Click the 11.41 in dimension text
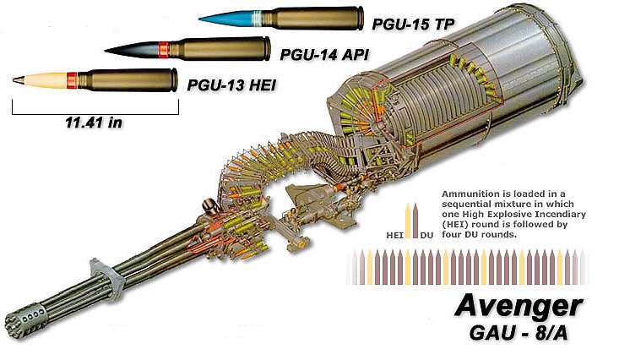click(95, 122)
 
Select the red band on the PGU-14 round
click(163, 49)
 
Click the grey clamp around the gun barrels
click(99, 275)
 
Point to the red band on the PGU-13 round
click(72, 80)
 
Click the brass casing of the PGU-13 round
click(127, 79)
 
